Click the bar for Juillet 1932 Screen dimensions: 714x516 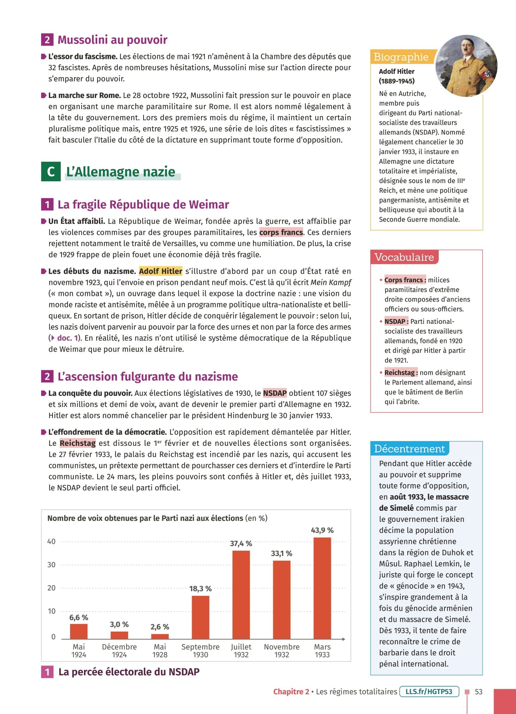point(241,594)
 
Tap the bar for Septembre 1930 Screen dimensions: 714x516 point(200,617)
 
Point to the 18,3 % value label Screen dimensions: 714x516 point(200,588)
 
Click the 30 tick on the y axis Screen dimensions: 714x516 point(51,565)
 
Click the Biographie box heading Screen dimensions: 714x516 point(401,57)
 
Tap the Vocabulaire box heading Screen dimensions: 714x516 point(404,257)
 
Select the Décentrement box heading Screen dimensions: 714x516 point(409,449)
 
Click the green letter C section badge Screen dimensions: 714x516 point(51,172)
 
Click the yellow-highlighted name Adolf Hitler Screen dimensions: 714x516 point(161,271)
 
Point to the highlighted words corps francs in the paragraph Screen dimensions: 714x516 point(281,233)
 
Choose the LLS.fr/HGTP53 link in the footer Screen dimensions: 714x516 point(429,691)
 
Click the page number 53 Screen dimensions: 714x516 point(479,692)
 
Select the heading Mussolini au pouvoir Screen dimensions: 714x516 point(112,40)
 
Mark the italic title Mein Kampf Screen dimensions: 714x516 point(331,282)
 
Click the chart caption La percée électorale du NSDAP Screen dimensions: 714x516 point(129,672)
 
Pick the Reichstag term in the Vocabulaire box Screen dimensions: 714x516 point(401,373)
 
